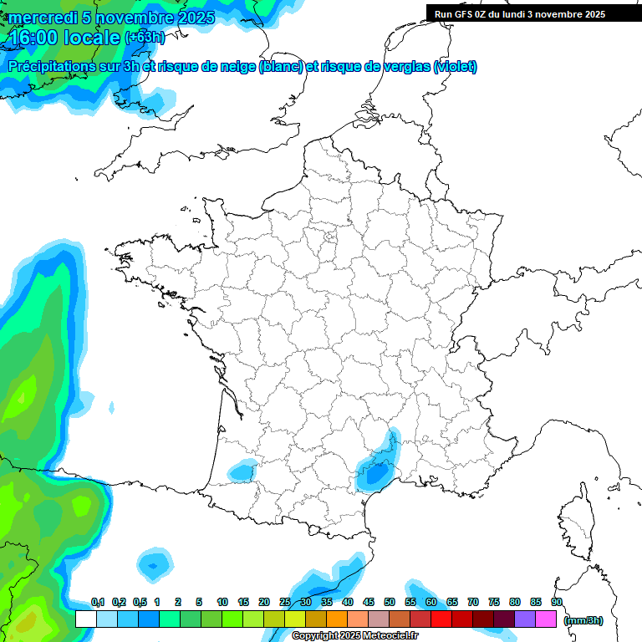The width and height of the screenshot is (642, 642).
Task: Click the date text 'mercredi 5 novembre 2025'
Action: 111,18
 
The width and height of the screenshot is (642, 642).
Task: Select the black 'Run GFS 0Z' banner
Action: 522,14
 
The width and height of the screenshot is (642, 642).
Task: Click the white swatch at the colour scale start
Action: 85,619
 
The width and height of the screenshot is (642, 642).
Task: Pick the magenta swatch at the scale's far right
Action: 546,619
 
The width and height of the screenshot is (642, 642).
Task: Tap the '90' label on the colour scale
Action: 556,602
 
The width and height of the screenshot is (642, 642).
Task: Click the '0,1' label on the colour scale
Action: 97,602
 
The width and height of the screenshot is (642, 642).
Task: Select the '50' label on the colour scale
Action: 390,602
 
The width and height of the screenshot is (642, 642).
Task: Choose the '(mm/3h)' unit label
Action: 583,620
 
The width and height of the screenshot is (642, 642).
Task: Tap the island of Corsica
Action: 576,522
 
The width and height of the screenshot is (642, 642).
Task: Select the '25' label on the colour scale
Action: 285,602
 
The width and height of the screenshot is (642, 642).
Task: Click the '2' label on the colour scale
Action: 179,602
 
